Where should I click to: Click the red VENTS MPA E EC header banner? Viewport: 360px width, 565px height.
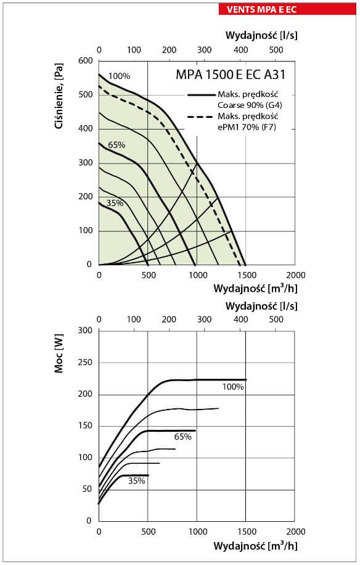click(x=287, y=9)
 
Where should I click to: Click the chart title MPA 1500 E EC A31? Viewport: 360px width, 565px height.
click(x=231, y=75)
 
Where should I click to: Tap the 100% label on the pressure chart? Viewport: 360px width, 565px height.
click(x=119, y=76)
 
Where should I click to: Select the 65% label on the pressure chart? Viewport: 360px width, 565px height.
click(x=117, y=145)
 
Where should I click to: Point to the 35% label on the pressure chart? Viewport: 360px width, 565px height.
click(x=115, y=203)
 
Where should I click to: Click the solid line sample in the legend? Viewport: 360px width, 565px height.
click(x=201, y=95)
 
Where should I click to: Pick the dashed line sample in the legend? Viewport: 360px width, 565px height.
click(x=201, y=117)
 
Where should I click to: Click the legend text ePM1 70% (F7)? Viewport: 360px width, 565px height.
click(x=247, y=127)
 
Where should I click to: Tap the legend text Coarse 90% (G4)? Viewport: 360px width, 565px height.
click(x=250, y=105)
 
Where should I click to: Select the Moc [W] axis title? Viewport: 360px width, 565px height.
click(x=59, y=353)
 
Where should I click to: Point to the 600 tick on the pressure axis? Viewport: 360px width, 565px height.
click(x=86, y=60)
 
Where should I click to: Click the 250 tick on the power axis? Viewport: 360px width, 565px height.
click(x=85, y=363)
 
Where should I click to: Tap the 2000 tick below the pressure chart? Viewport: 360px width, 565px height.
click(x=295, y=275)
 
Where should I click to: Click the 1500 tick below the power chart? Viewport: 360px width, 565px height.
click(x=247, y=532)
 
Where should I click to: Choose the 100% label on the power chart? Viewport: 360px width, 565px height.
click(x=233, y=387)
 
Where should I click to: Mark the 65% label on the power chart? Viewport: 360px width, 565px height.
click(x=183, y=437)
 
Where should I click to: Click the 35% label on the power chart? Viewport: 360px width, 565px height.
click(x=137, y=480)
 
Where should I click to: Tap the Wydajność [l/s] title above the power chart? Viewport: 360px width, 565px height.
click(x=261, y=306)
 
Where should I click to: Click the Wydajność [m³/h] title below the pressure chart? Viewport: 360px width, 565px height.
click(x=255, y=288)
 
